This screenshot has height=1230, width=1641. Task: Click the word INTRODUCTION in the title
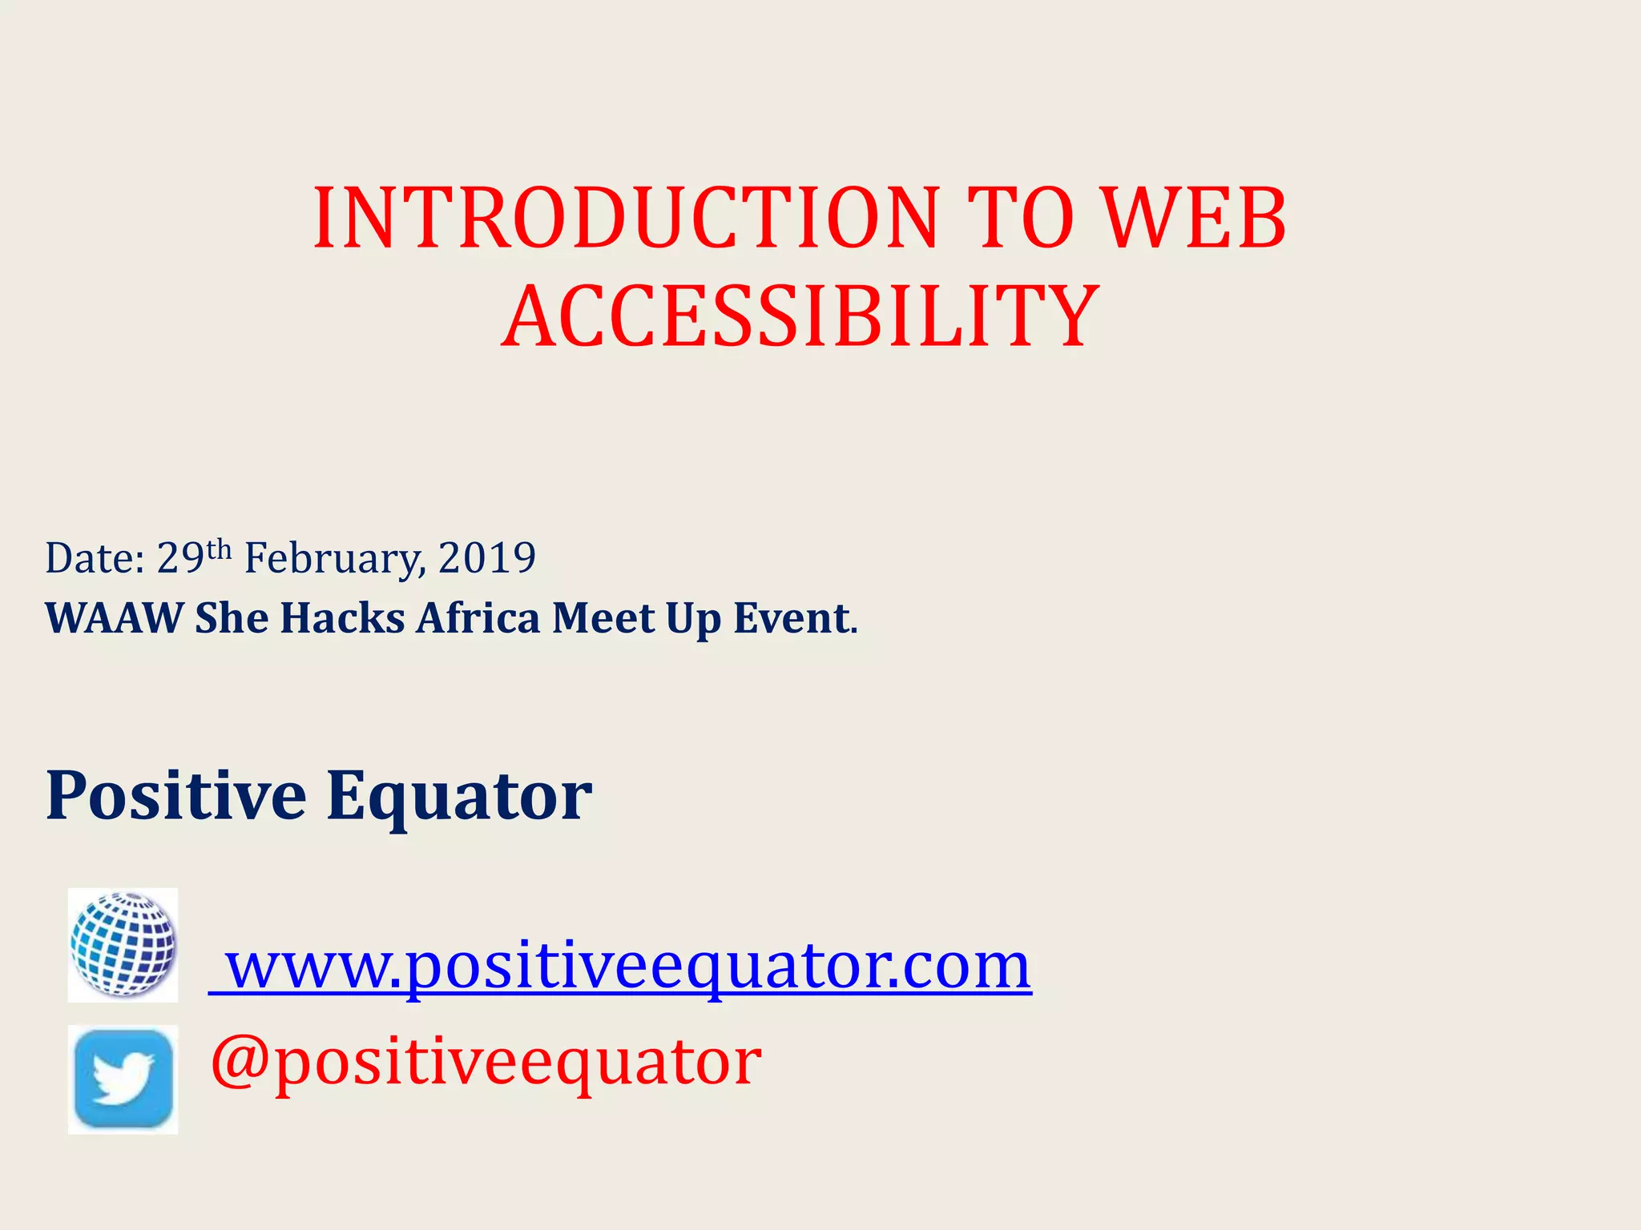coord(626,218)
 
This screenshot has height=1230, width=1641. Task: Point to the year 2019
coord(487,557)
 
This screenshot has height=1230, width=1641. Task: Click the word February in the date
coord(333,559)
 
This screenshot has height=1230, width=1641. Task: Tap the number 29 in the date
coord(180,557)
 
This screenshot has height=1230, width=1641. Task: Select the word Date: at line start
coord(95,558)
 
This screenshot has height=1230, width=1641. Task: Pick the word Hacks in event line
coord(342,618)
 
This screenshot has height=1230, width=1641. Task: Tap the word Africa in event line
coord(478,618)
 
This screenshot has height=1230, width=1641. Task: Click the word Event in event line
coord(792,618)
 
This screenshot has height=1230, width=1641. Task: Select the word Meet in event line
coord(603,618)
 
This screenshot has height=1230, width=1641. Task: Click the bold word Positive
coord(176,796)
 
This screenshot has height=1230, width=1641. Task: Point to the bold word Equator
coord(459,798)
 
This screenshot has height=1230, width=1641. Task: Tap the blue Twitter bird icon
coord(123,1079)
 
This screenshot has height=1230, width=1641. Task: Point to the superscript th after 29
coord(219,549)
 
